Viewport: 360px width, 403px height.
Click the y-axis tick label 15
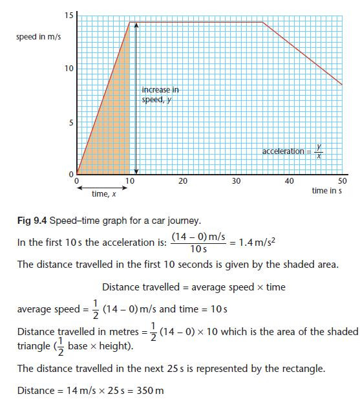tap(68, 15)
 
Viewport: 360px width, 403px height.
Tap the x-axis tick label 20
tap(183, 181)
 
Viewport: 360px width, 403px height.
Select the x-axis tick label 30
tap(236, 181)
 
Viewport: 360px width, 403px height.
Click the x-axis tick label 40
tap(289, 181)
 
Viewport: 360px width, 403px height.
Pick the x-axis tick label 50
tap(342, 181)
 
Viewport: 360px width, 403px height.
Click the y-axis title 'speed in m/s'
tap(38, 37)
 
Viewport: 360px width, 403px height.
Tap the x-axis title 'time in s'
tap(326, 191)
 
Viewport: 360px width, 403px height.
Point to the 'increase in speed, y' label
tap(160, 94)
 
